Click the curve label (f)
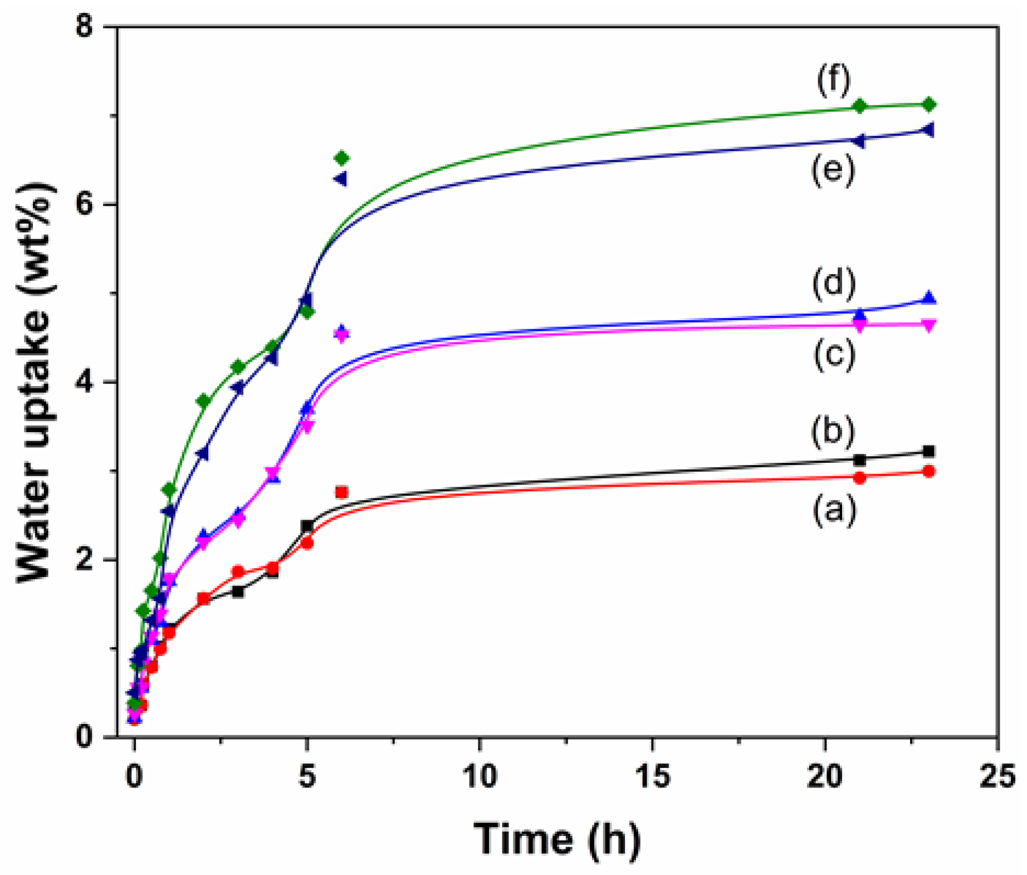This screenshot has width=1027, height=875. (833, 80)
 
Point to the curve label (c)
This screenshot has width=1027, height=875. (834, 355)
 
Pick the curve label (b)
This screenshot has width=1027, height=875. (832, 432)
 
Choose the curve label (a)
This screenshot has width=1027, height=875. (834, 510)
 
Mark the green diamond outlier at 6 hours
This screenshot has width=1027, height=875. (341, 159)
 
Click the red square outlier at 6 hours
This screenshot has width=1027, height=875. (341, 492)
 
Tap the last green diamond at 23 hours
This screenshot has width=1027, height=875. (928, 105)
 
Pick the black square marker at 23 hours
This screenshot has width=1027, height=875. (928, 452)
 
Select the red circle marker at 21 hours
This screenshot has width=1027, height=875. (859, 478)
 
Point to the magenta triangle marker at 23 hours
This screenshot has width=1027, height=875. (928, 325)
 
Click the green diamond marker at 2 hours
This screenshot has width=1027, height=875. (203, 401)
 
